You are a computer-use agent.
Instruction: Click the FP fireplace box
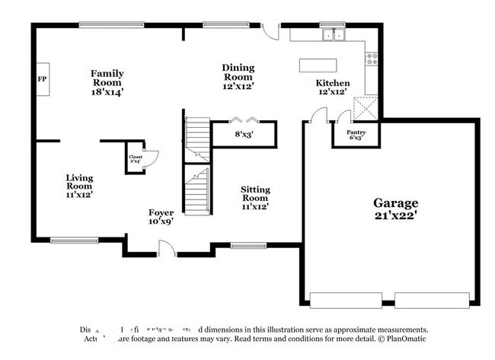coord(42,78)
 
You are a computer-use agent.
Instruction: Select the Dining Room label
coord(238,76)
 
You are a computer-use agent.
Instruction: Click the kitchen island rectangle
coord(315,65)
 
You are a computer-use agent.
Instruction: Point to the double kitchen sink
coord(332,35)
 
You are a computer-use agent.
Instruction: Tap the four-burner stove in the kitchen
coord(372,58)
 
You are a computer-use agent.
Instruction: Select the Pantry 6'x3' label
coord(356,135)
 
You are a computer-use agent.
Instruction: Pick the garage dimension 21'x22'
coord(395,215)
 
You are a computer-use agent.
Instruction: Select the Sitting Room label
coord(255,197)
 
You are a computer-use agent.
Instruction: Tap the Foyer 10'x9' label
coord(161,217)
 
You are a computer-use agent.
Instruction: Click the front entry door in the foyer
coord(166,247)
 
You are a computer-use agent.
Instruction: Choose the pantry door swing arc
coord(344,116)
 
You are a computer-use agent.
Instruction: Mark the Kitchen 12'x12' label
coord(333,87)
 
